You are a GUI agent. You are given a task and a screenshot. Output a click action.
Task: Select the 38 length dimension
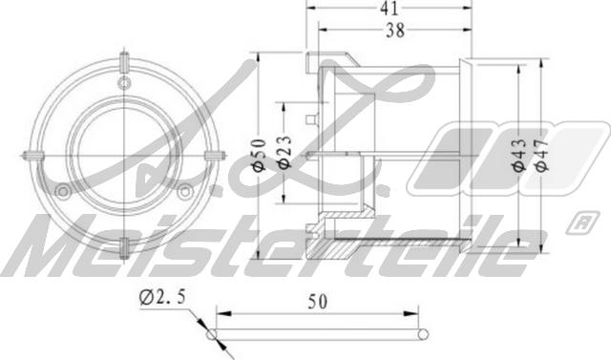click(x=395, y=30)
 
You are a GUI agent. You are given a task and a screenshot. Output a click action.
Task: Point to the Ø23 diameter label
click(x=284, y=156)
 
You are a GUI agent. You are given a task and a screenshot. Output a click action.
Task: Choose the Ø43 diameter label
click(x=517, y=156)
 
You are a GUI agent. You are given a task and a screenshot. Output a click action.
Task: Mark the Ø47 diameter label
click(x=541, y=156)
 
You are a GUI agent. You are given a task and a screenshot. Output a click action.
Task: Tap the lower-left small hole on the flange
click(x=63, y=191)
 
